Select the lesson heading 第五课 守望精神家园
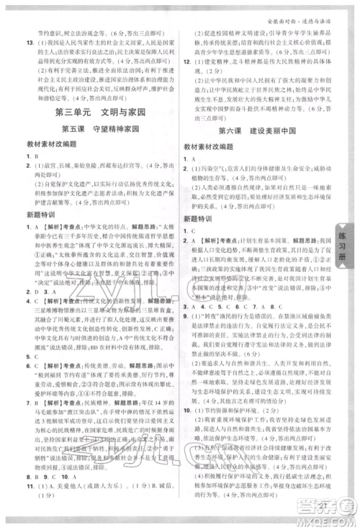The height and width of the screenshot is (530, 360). coord(96,130)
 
